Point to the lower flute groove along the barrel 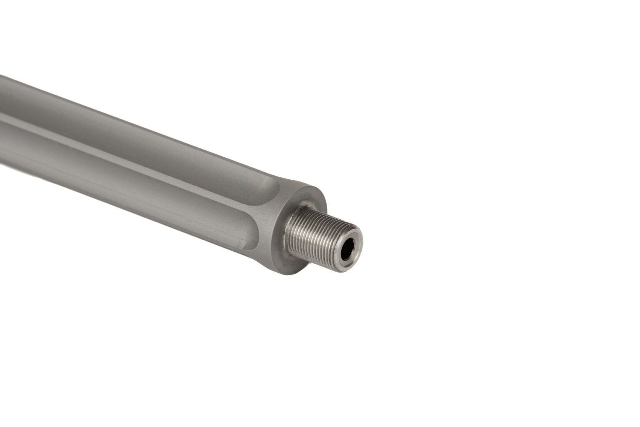tap(167, 196)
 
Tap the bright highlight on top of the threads tap(321, 221)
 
